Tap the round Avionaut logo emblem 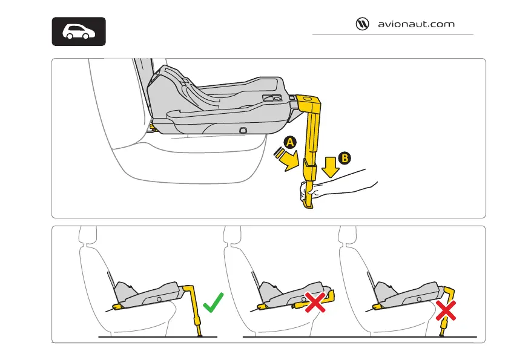[362, 25]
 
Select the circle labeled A [290, 142]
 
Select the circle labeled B [343, 158]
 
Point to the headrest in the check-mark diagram [88, 235]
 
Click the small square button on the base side [243, 130]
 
